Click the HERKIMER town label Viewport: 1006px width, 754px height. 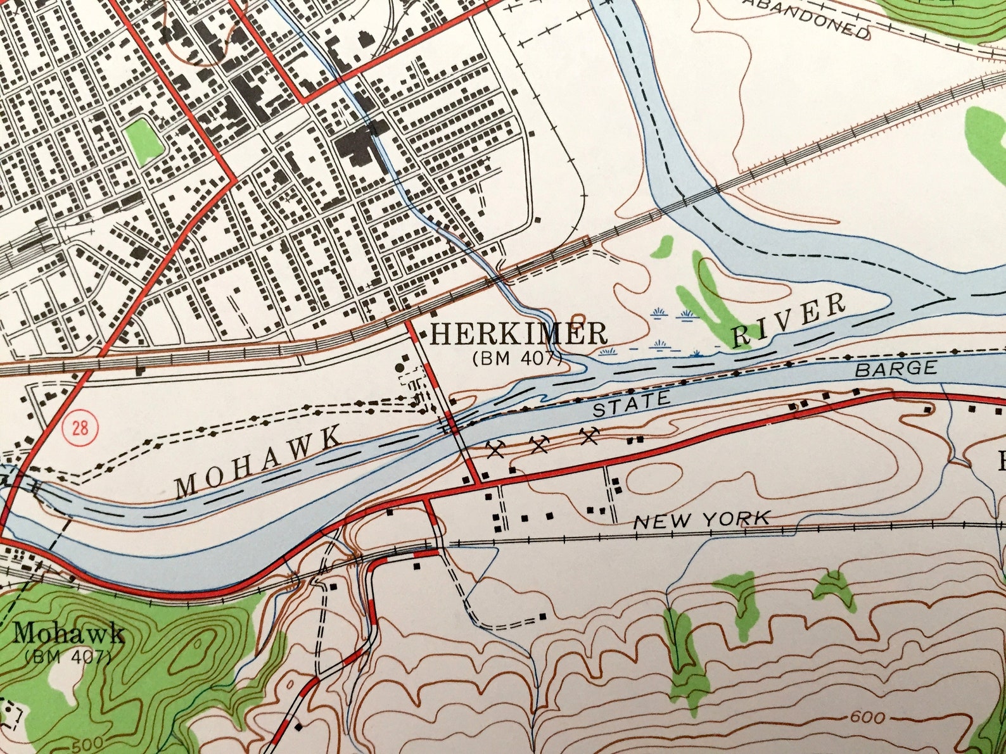(x=518, y=334)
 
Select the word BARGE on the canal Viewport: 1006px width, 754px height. (x=896, y=369)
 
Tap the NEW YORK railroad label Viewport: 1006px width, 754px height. (x=702, y=520)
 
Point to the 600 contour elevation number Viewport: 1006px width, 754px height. (x=867, y=718)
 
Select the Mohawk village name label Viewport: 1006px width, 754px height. (x=68, y=634)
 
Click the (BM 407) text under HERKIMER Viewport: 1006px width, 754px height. (x=517, y=358)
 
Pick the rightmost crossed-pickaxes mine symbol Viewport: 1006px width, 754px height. (x=590, y=436)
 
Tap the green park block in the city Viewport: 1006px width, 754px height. (x=144, y=141)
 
